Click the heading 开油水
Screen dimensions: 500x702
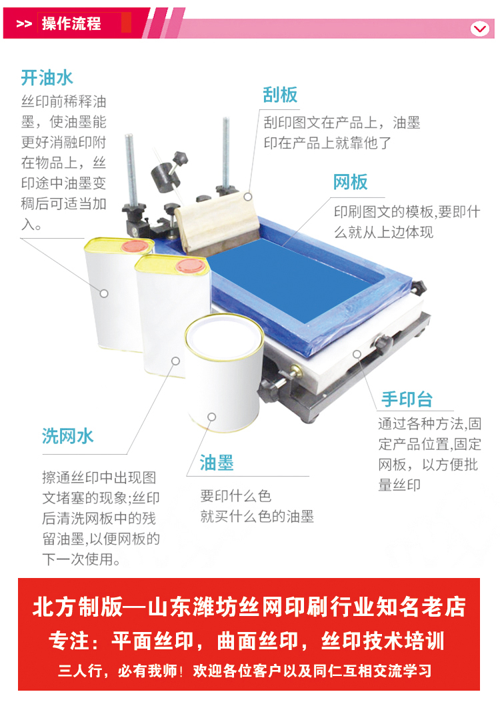[47, 78]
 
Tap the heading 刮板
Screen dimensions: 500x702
[280, 95]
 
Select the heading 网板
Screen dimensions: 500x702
[350, 182]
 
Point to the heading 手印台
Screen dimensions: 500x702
[407, 399]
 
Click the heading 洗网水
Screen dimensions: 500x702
[67, 436]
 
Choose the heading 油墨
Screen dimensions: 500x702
[217, 463]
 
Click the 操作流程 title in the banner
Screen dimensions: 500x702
[71, 23]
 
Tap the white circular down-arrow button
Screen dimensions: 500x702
[480, 29]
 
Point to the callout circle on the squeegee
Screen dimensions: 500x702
[247, 197]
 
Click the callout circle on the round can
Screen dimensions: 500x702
[212, 417]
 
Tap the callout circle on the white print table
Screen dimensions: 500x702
[357, 354]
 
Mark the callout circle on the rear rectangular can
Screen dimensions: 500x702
[104, 293]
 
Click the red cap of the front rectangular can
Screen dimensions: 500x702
[190, 266]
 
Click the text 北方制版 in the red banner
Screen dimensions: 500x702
[77, 607]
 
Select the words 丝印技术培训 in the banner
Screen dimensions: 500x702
[383, 641]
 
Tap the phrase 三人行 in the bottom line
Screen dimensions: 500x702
[81, 671]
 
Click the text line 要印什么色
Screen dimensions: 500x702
[236, 496]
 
